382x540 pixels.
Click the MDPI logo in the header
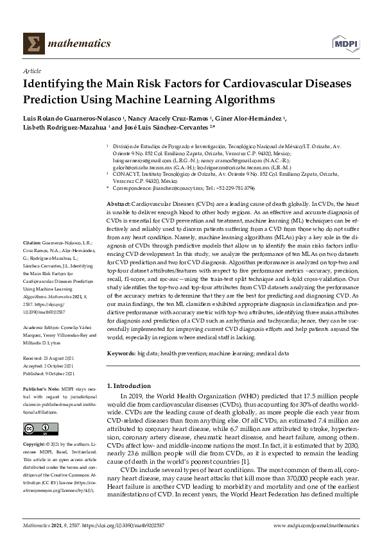[x=345, y=44]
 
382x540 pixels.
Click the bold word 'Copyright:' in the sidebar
[x=33, y=444]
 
